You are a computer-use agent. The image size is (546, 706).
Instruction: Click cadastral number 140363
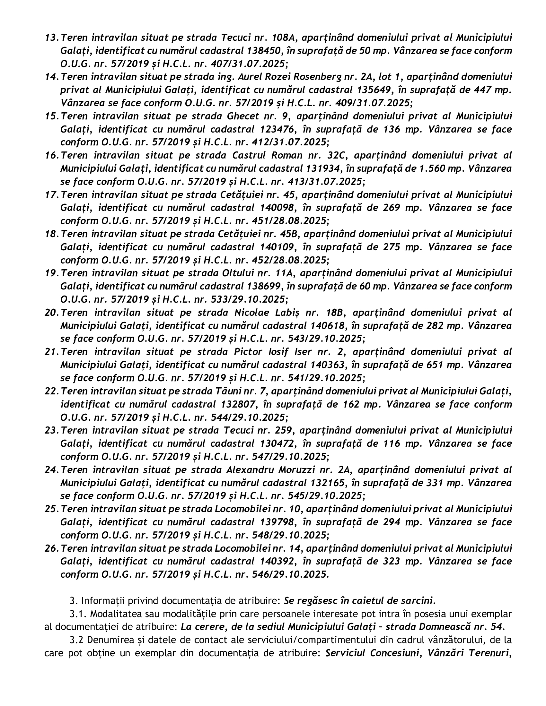pos(327,365)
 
